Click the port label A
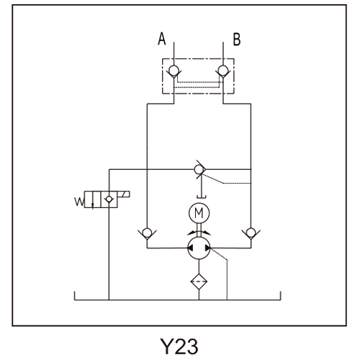162,39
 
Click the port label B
237,40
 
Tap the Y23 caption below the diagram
179,346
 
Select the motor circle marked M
199,213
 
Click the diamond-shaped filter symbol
199,282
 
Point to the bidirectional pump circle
199,248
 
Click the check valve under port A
174,71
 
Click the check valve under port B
223,71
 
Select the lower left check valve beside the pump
147,233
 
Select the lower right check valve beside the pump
251,233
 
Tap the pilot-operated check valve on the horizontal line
199,169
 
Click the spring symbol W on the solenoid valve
79,202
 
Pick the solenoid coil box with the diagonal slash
124,194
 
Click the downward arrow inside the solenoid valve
93,199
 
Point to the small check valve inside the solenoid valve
109,199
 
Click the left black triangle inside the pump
191,248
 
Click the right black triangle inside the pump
207,248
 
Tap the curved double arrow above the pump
199,233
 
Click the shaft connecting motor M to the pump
199,230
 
